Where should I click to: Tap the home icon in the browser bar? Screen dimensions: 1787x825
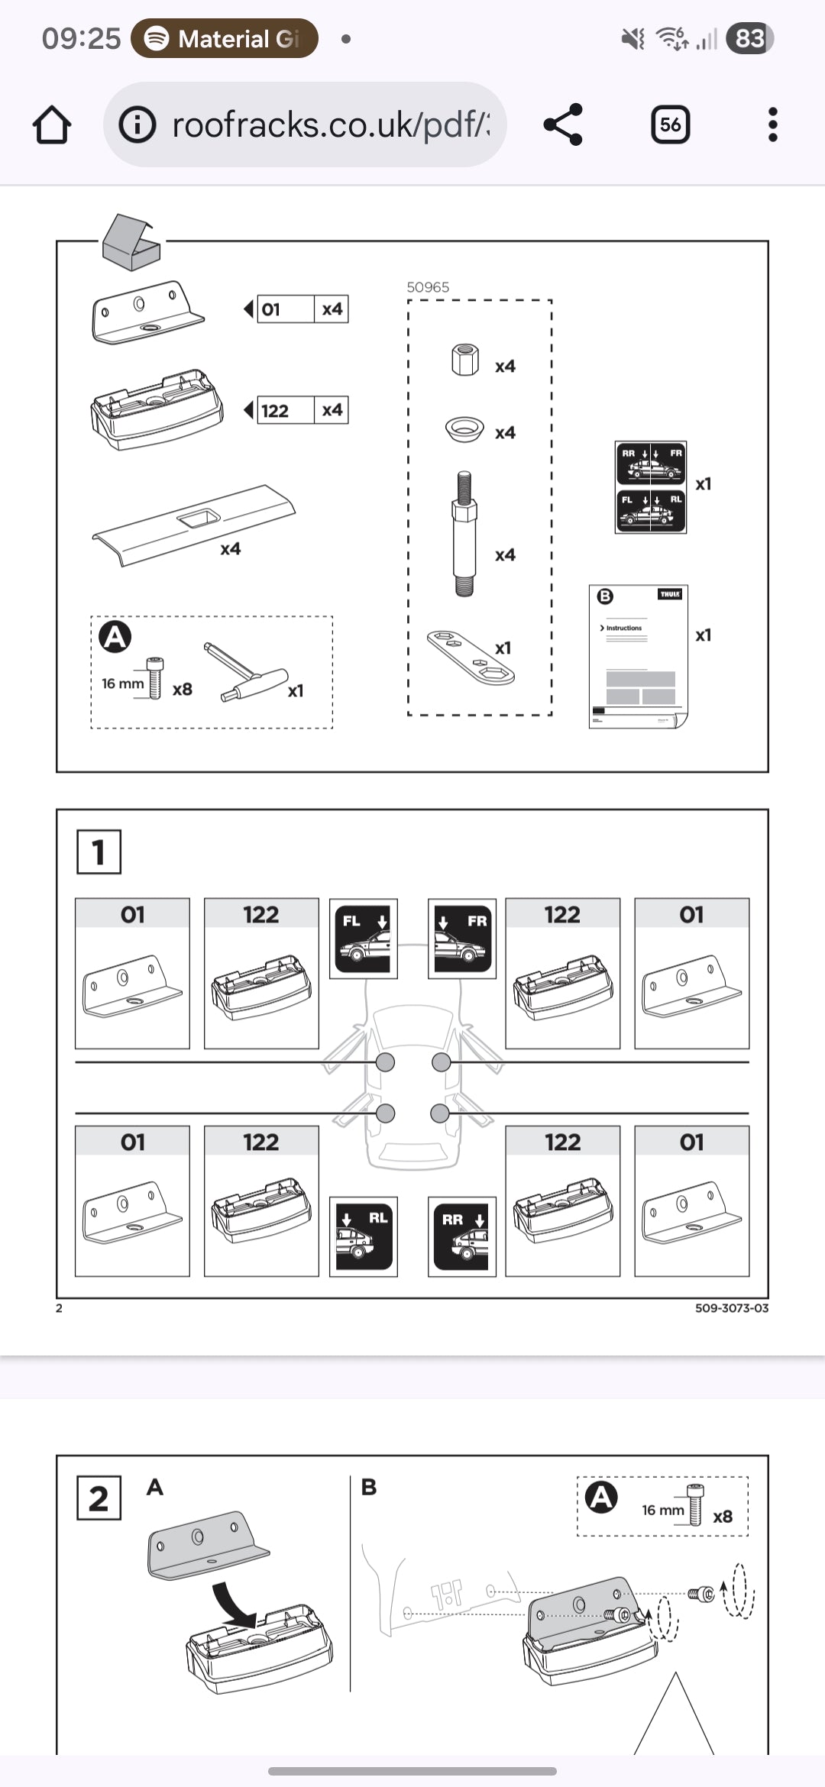pos(52,125)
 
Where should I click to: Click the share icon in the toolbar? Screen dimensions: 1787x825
pos(563,124)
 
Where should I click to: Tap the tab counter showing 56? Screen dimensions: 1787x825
pos(670,124)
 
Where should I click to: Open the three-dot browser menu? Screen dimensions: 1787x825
pos(772,124)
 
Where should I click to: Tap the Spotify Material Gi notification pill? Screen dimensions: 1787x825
pos(225,38)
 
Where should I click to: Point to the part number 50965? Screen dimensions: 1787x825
pos(428,287)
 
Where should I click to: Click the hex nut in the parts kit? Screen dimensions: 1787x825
pos(464,360)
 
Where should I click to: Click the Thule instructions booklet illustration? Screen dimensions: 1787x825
pos(639,657)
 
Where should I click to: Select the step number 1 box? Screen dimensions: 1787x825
pos(99,851)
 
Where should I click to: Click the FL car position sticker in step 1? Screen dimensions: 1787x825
pos(364,939)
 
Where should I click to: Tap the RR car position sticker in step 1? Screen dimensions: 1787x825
pos(461,1236)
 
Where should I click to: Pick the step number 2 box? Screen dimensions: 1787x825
pos(99,1498)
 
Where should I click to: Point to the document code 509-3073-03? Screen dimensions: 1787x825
pos(731,1308)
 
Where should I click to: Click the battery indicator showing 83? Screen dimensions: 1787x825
pos(749,38)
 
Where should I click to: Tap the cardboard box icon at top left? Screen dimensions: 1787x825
pos(131,242)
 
